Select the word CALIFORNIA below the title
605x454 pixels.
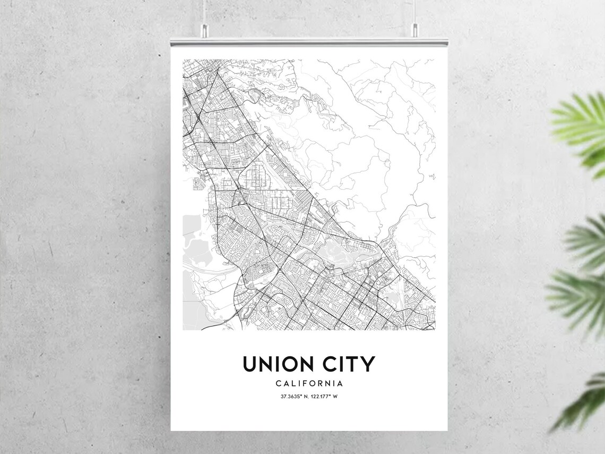309,383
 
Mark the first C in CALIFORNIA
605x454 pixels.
278,383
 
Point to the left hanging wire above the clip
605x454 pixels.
203,13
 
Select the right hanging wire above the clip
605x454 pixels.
414,13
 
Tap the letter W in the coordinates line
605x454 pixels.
336,397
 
